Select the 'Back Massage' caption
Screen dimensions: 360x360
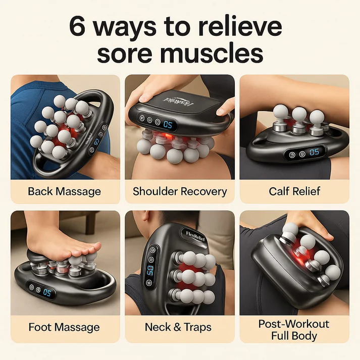(65, 192)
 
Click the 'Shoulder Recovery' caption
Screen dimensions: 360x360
(180, 192)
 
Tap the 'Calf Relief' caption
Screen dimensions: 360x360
(294, 192)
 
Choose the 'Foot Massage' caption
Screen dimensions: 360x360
(65, 327)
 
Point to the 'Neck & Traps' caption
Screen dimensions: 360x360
(180, 327)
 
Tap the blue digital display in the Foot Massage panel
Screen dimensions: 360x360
(47, 292)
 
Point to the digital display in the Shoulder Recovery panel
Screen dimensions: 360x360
(167, 124)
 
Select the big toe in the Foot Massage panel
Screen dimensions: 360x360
(91, 249)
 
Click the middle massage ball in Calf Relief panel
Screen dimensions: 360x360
(299, 115)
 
